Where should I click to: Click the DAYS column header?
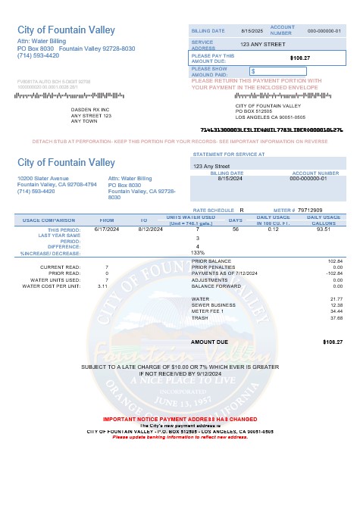tap(236, 220)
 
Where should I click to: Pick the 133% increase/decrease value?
tap(198, 252)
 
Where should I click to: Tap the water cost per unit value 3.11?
tap(103, 286)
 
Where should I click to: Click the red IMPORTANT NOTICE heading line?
tap(179, 419)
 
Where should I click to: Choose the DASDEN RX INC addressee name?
tap(90, 109)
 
